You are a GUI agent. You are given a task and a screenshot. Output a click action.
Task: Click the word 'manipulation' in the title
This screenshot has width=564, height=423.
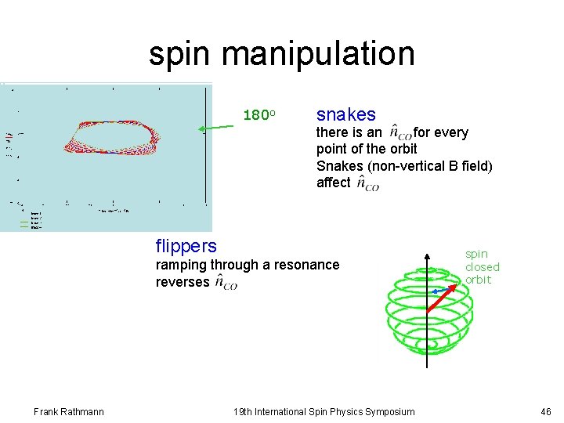tap(318, 54)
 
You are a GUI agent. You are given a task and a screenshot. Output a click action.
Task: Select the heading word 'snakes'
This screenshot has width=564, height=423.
tap(345, 114)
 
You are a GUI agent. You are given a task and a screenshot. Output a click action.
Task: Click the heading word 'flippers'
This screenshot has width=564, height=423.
tap(186, 246)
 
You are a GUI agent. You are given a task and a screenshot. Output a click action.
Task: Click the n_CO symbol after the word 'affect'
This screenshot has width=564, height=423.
tap(367, 183)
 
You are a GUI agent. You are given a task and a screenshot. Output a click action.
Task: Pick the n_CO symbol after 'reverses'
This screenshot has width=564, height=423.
tap(226, 283)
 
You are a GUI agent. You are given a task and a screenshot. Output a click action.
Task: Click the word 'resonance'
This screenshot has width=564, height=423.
tap(310, 265)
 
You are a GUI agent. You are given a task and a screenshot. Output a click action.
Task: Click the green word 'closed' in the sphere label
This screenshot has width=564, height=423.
tap(482, 266)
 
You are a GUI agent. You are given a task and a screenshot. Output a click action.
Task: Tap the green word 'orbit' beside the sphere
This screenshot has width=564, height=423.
tap(478, 280)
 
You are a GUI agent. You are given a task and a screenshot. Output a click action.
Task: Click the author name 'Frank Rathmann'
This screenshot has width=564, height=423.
tap(69, 412)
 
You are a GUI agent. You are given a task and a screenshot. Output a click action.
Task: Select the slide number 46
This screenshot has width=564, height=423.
tap(545, 412)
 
